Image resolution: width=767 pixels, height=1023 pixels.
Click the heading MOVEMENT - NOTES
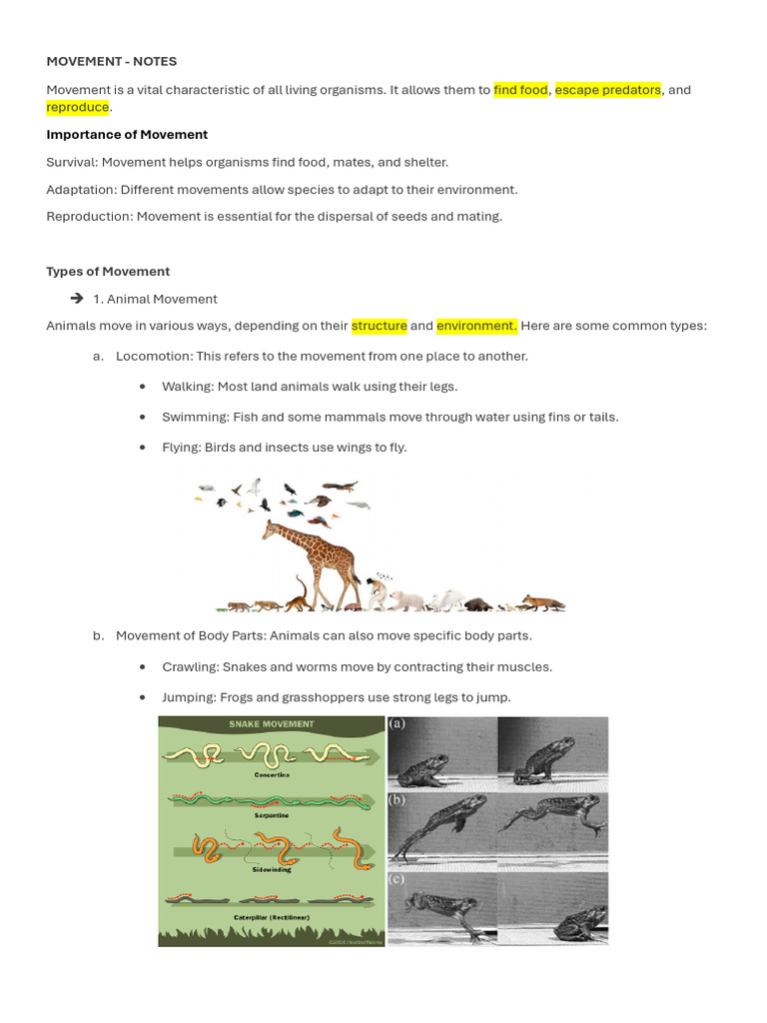(111, 61)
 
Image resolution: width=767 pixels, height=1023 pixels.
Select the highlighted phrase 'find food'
(520, 90)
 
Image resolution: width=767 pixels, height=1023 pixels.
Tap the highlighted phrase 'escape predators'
(607, 90)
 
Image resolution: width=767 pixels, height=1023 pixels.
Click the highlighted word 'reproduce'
(77, 107)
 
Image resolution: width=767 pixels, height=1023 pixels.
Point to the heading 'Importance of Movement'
(127, 134)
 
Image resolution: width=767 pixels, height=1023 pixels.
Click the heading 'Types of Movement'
(108, 271)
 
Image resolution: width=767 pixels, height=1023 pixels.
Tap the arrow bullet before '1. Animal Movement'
(77, 299)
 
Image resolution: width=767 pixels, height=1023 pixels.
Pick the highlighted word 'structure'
(379, 326)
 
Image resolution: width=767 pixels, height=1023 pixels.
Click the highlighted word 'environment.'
(476, 326)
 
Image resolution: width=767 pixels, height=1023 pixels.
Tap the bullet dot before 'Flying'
(143, 448)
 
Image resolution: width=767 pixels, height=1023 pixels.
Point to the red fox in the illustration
(544, 602)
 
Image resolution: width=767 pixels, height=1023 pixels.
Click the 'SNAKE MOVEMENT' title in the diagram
(271, 724)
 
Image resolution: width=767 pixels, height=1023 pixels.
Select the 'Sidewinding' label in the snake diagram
(271, 869)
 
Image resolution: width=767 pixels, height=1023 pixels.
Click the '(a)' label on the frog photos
(397, 724)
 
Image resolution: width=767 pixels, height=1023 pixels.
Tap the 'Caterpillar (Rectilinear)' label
(271, 916)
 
